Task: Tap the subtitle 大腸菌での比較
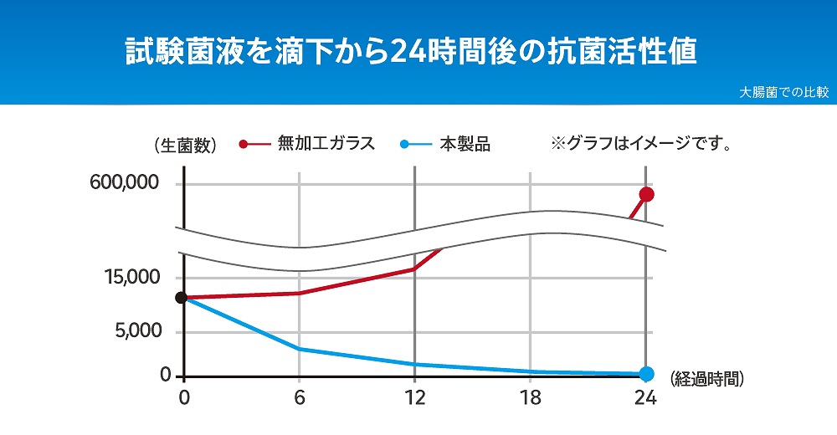point(783,93)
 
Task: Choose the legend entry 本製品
point(465,144)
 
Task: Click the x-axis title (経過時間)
point(707,378)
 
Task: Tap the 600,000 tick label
point(125,183)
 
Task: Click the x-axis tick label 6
point(300,397)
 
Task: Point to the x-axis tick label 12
point(414,397)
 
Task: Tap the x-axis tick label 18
point(530,397)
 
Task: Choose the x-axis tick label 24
point(645,397)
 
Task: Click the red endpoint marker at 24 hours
point(646,194)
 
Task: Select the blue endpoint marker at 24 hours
point(646,374)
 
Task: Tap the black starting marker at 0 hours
point(181,298)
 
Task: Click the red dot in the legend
point(244,144)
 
